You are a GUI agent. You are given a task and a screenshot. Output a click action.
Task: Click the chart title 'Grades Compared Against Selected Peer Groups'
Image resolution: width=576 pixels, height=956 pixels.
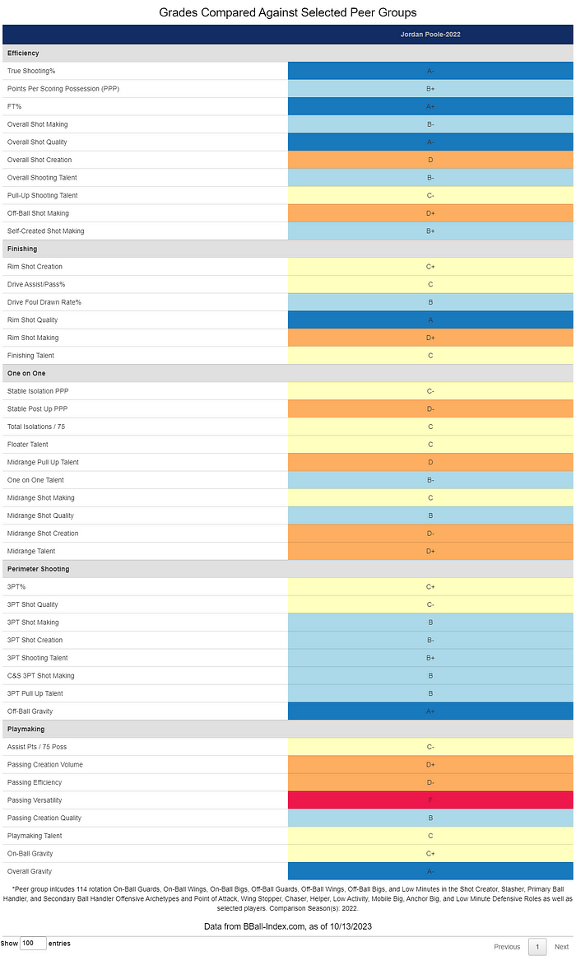(x=287, y=12)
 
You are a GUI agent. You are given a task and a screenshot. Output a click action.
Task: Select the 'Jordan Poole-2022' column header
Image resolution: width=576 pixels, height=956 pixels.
(x=430, y=35)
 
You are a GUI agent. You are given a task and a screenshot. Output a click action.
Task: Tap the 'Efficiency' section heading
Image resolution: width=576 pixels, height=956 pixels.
(x=23, y=54)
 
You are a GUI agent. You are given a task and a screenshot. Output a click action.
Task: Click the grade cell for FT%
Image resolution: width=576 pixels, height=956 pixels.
(x=430, y=106)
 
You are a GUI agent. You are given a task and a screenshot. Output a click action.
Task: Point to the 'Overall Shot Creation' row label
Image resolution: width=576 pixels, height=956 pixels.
(x=39, y=160)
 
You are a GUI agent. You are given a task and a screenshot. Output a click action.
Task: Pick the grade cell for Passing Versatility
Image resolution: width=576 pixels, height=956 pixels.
(x=430, y=800)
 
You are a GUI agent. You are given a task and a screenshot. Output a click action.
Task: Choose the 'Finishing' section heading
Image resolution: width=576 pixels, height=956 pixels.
(x=22, y=249)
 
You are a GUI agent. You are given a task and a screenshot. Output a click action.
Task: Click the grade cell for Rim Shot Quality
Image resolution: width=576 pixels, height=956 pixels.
(x=430, y=319)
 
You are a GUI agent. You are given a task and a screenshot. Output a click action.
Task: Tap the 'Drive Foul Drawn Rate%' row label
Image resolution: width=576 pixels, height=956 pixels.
(x=44, y=302)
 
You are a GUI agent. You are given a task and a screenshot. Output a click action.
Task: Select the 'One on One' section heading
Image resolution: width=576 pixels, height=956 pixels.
(x=26, y=373)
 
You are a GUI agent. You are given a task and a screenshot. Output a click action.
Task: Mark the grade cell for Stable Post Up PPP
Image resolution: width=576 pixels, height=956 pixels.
(x=430, y=408)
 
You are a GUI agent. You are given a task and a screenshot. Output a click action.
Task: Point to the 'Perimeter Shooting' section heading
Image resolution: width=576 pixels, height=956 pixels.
(x=39, y=569)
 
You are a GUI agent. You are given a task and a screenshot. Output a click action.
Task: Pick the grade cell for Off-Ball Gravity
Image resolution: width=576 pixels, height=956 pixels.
(x=430, y=711)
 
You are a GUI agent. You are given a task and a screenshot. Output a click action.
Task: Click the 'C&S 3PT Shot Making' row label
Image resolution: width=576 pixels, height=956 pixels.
(x=41, y=675)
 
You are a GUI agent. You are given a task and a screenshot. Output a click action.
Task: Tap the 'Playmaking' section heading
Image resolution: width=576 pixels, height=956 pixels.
(x=26, y=729)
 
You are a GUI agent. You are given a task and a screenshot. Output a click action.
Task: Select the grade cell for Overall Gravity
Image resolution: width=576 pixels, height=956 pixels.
(x=430, y=871)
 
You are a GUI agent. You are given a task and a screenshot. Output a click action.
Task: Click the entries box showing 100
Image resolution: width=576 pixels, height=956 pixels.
(x=33, y=944)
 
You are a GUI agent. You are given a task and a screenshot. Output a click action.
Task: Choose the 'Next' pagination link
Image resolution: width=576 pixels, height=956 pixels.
(x=561, y=947)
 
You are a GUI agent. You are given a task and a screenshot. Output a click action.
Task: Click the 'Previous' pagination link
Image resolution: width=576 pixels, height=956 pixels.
(x=507, y=947)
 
